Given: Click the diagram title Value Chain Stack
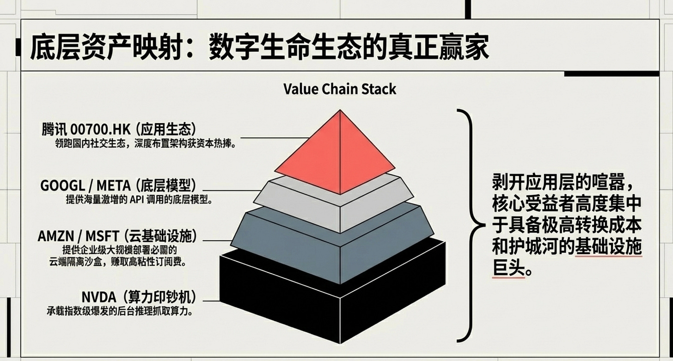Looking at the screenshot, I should click(x=340, y=88).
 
